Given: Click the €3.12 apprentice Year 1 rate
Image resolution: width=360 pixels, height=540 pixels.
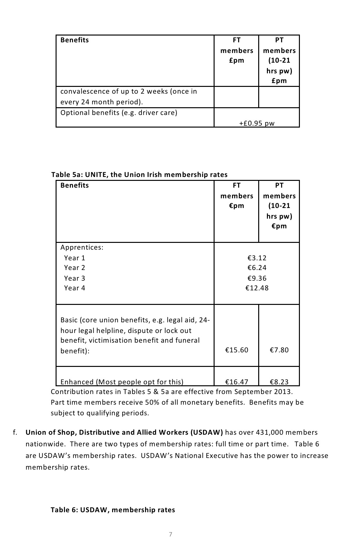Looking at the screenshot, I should pos(257,258).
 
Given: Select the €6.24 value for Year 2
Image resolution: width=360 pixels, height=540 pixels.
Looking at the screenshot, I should pos(257,268).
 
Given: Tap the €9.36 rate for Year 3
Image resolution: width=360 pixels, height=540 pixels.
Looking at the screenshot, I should pos(257,278).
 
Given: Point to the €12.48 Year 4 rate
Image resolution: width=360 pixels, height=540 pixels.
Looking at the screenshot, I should pos(257,288).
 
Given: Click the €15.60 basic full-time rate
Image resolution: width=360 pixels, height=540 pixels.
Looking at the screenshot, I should pos(237,350).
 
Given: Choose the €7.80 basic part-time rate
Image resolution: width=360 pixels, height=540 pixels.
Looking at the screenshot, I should pos(279,350).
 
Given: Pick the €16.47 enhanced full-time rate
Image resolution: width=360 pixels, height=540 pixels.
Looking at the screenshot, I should pos(237,382).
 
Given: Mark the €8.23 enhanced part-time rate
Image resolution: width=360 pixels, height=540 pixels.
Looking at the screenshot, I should pos(279,382).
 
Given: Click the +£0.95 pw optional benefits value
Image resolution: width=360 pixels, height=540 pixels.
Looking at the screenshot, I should pos(257,123).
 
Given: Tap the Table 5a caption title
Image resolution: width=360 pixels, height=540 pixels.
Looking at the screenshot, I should pos(139,175).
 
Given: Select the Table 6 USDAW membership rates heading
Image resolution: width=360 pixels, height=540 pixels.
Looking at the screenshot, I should pos(113,510).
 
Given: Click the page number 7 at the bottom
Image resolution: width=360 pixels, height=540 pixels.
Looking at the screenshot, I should pos(171,534).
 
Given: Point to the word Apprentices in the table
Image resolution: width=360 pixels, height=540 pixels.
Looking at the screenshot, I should pos(82,247).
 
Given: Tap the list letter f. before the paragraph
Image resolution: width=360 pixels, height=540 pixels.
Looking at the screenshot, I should pos(15,432).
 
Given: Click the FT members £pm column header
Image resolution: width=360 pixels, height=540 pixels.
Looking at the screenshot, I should pos(237,50).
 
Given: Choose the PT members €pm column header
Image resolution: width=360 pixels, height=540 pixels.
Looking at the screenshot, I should pos(279,205).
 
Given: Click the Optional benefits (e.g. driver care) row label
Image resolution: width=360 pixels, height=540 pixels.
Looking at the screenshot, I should pos(119,113).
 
